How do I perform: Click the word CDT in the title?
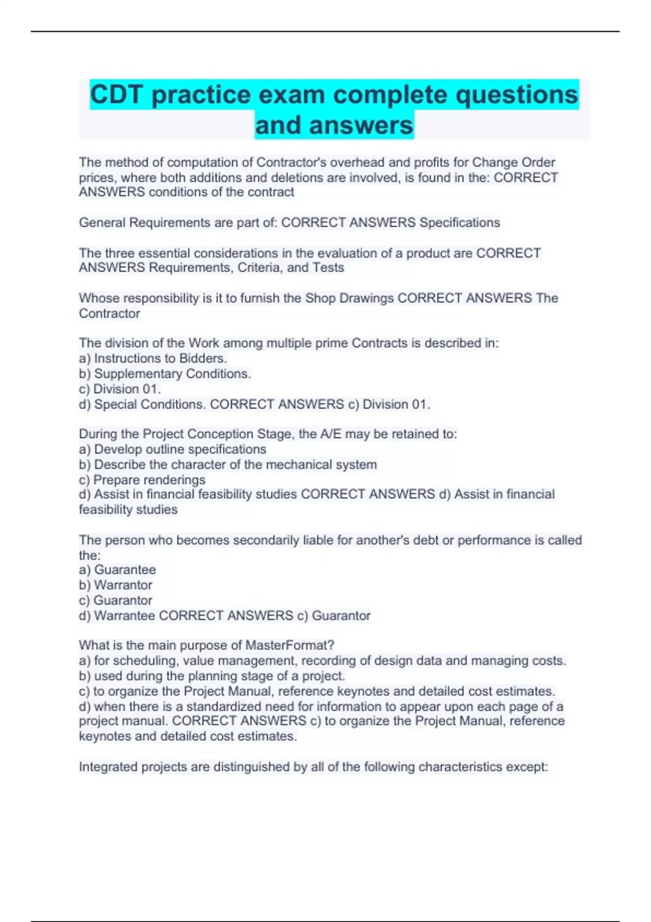coord(117,95)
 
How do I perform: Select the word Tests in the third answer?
coord(328,267)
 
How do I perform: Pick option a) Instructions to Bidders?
coord(153,358)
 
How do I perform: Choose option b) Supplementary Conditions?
coord(165,374)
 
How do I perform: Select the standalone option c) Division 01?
coord(120,389)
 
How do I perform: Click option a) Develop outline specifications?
coord(173,449)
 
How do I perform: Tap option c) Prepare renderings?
coord(142,480)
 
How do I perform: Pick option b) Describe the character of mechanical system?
coord(228,465)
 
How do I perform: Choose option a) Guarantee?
coord(117,569)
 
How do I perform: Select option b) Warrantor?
coord(116,585)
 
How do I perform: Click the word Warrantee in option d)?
coord(124,616)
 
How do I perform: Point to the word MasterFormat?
coord(290,645)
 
